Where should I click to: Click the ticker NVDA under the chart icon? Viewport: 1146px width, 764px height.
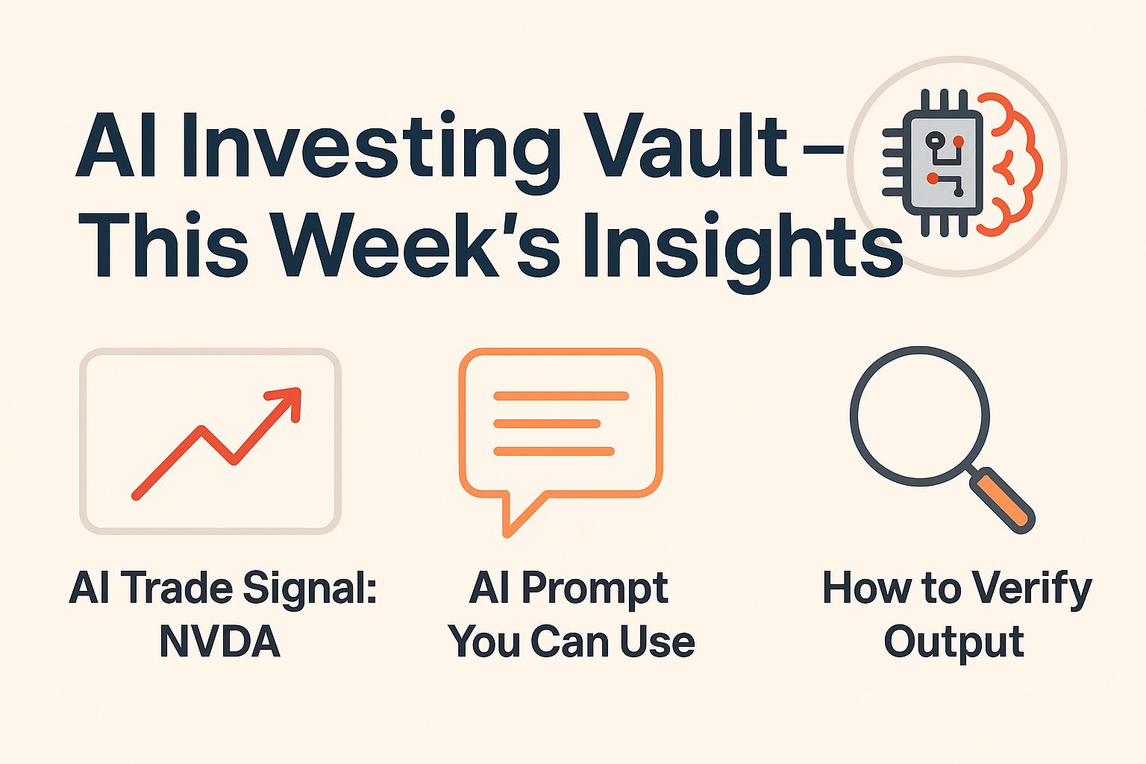point(220,642)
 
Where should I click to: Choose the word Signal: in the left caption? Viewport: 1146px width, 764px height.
point(310,590)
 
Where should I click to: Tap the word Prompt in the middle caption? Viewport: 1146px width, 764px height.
point(595,590)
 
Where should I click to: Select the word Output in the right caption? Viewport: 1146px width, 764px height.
point(954,643)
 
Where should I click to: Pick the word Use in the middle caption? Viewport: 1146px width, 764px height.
point(657,642)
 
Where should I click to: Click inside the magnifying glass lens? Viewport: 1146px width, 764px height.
point(919,416)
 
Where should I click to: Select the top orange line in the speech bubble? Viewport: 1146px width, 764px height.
point(561,395)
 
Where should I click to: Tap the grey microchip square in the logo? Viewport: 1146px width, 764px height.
point(943,163)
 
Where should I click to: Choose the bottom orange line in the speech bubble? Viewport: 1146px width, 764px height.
point(554,451)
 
